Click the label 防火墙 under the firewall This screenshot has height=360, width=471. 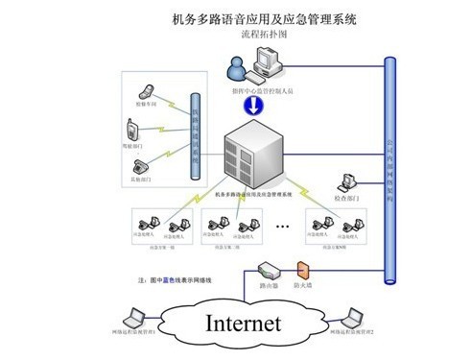(x=305, y=286)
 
